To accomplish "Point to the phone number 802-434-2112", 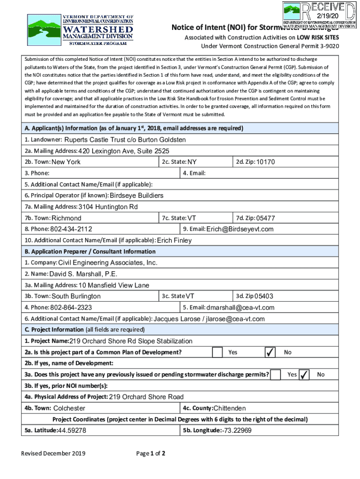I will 71,229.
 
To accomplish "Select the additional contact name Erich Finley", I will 174,240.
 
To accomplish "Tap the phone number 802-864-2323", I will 71,308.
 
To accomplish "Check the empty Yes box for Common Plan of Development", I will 217,352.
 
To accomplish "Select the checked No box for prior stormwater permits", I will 304,375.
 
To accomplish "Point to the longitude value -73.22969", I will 237,430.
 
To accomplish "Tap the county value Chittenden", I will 230,408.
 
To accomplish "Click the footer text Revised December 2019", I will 52,454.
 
